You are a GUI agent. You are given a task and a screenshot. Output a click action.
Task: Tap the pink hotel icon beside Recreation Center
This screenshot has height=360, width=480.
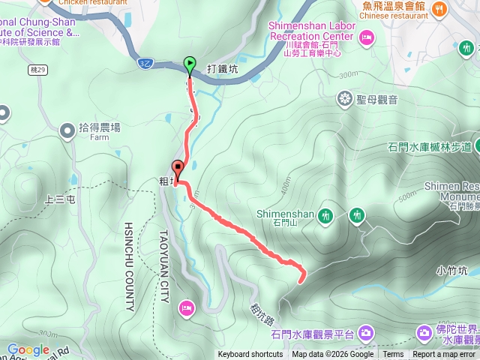[367, 36]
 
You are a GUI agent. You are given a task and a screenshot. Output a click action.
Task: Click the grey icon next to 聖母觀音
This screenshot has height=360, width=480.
[345, 98]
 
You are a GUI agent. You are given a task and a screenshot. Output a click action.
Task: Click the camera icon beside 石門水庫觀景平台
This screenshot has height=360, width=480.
[366, 332]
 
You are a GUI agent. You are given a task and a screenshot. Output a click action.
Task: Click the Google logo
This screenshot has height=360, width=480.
[28, 349]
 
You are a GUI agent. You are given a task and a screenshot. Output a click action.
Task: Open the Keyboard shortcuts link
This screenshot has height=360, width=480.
[250, 355]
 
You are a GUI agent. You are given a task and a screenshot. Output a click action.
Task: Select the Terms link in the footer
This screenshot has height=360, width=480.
[393, 355]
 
